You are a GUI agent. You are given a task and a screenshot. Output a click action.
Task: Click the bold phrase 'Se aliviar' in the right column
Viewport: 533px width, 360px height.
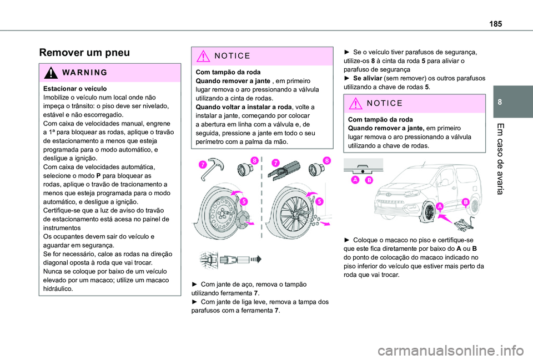[368, 78]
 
